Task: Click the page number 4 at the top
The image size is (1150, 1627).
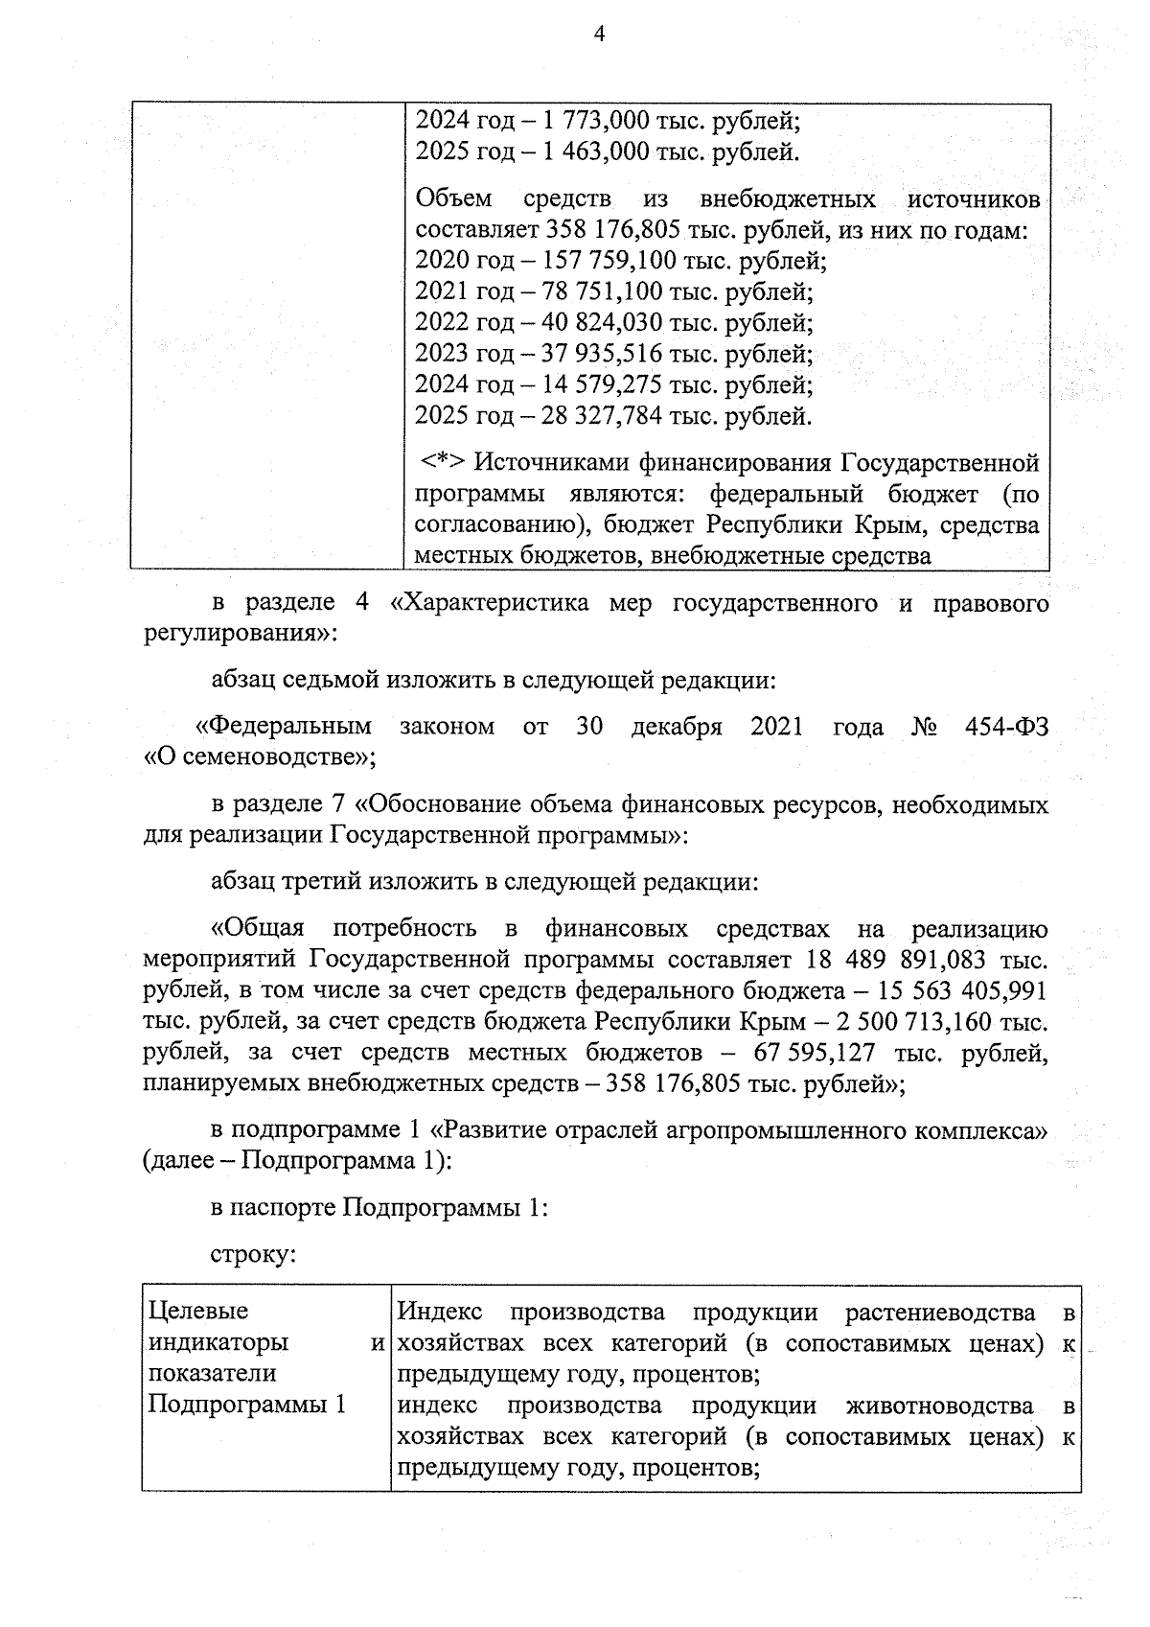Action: point(600,35)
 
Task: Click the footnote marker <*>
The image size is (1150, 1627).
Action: point(445,463)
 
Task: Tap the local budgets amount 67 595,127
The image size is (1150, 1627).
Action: point(815,1053)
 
